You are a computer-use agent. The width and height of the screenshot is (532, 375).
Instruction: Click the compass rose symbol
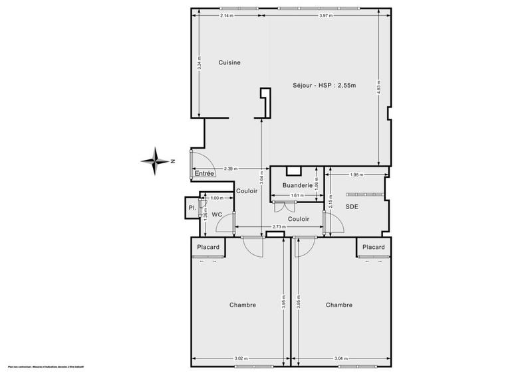point(157,159)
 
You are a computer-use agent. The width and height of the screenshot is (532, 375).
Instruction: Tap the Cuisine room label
point(229,62)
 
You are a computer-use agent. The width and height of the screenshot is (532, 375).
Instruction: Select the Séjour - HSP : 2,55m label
point(325,85)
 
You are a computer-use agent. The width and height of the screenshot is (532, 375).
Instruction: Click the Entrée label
point(204,174)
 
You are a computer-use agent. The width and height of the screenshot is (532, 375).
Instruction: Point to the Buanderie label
point(296,186)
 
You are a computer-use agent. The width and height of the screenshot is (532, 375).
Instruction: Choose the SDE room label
point(352,206)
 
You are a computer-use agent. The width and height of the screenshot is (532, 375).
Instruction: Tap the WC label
point(217,214)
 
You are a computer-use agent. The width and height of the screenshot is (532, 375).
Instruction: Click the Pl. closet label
point(192,208)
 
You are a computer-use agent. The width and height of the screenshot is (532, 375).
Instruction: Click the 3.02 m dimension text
point(240,360)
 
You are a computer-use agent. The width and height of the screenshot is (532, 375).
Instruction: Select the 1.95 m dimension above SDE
point(356,175)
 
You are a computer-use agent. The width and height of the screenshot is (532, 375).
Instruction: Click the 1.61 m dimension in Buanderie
point(297,195)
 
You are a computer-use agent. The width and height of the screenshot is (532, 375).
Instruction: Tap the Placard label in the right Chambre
point(374,247)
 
